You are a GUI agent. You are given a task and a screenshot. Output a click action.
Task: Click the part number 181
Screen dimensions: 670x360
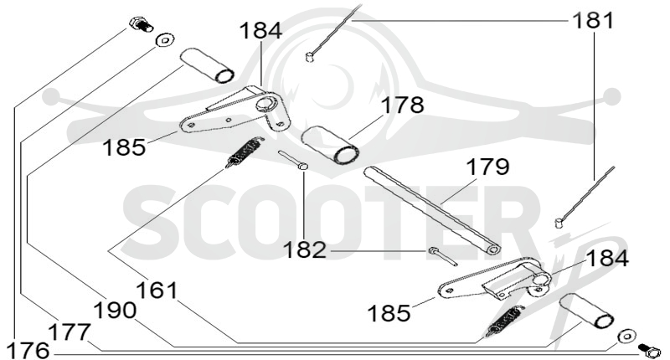click(x=593, y=20)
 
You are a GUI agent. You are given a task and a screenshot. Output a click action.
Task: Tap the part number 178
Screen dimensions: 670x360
click(x=403, y=105)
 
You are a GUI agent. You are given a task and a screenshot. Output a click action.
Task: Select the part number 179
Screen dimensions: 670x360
click(x=487, y=167)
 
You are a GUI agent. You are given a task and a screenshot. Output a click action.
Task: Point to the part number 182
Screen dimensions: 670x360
click(x=305, y=249)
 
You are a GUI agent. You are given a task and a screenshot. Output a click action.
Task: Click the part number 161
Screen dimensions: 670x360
click(x=157, y=291)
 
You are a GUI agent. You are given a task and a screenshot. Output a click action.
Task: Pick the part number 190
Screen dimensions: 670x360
click(x=115, y=311)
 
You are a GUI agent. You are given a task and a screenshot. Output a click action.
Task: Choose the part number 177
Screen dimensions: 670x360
click(x=70, y=332)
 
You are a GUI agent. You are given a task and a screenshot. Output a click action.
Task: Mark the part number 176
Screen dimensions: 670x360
click(x=28, y=351)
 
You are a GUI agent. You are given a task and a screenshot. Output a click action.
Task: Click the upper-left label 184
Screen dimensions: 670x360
click(x=260, y=31)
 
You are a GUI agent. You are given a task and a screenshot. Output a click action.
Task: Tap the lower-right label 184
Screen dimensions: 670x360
click(x=607, y=259)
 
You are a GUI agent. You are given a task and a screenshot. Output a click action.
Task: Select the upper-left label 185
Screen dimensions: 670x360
click(x=124, y=147)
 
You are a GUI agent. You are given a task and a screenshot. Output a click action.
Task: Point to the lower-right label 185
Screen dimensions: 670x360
click(x=389, y=313)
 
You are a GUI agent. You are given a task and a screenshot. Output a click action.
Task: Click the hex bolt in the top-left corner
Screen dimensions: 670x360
click(x=141, y=24)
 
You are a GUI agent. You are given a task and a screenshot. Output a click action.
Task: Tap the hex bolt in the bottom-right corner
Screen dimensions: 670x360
click(x=648, y=351)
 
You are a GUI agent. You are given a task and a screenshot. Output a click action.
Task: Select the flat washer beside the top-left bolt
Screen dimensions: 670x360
click(x=164, y=39)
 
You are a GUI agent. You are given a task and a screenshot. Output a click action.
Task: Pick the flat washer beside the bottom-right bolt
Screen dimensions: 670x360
click(x=626, y=336)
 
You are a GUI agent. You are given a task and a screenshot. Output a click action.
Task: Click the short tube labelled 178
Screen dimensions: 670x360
click(x=329, y=144)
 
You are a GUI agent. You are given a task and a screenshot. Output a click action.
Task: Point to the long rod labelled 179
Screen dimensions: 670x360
click(x=432, y=210)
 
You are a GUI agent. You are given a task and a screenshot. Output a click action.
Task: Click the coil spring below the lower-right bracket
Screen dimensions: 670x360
click(x=505, y=322)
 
